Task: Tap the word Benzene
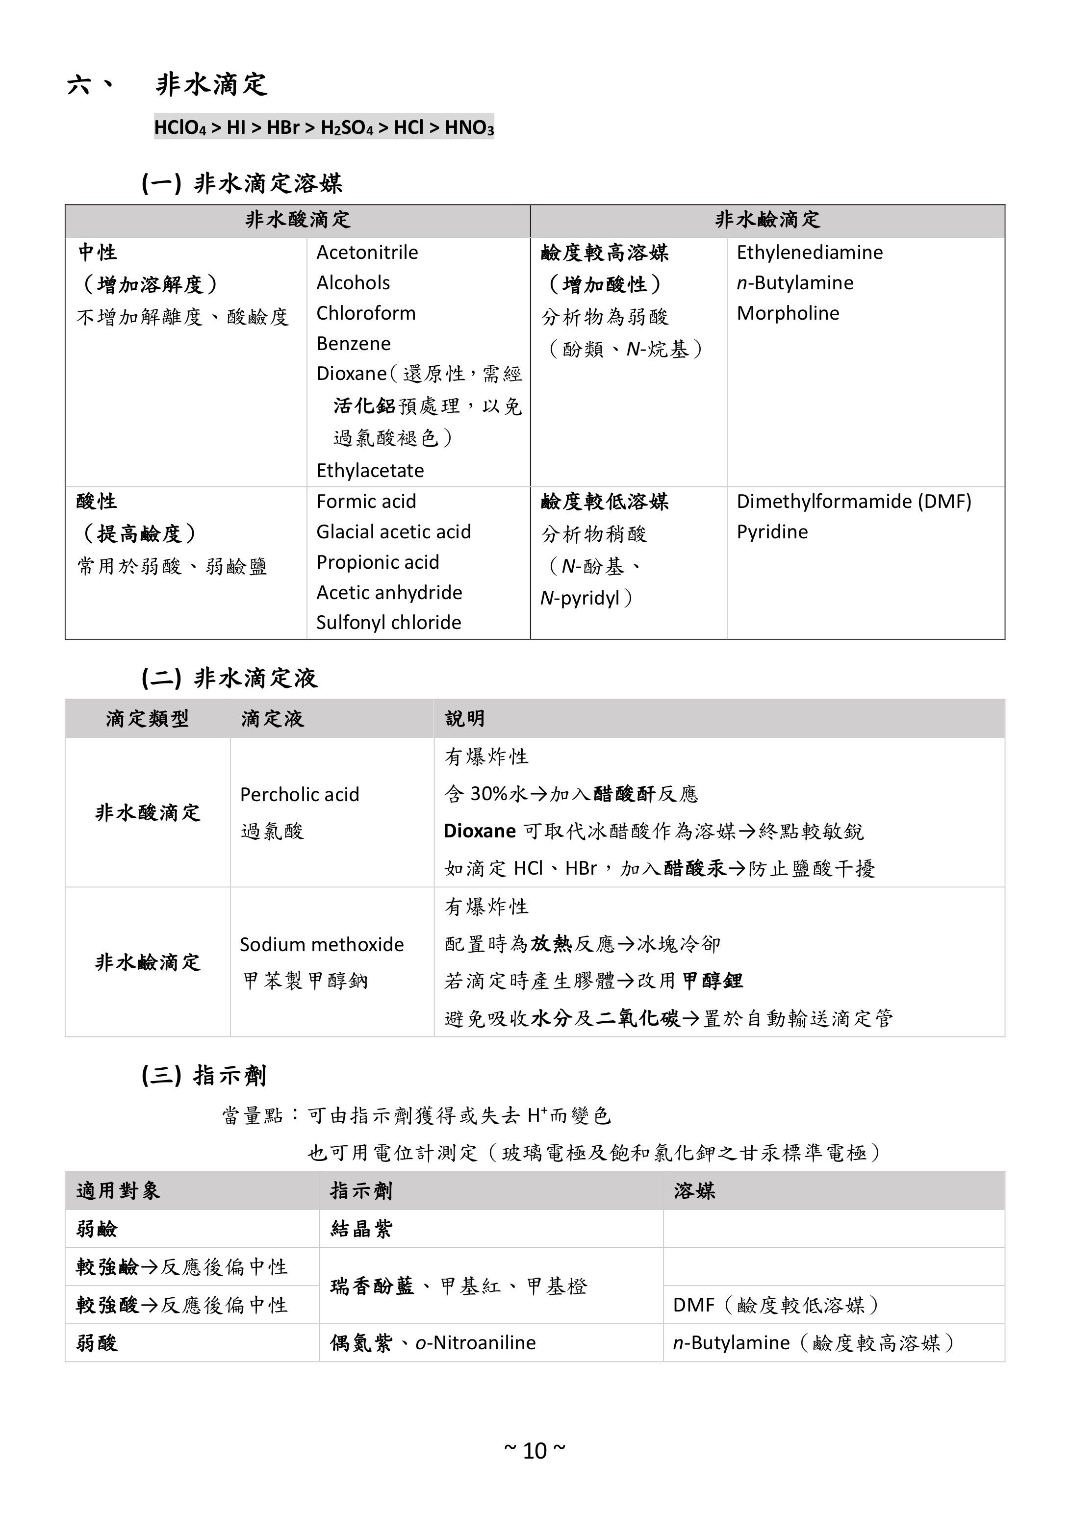[354, 343]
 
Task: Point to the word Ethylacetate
[370, 471]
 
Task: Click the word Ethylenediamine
[809, 252]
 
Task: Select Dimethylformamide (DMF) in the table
[854, 502]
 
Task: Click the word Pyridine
[772, 532]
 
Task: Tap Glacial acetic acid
[394, 532]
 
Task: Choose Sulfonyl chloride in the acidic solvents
[388, 622]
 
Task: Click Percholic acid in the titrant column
[299, 794]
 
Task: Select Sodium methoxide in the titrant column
[322, 944]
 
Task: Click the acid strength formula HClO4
[180, 127]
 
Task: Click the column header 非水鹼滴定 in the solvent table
[767, 220]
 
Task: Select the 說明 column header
[465, 718]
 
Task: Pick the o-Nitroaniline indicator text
[475, 1343]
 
